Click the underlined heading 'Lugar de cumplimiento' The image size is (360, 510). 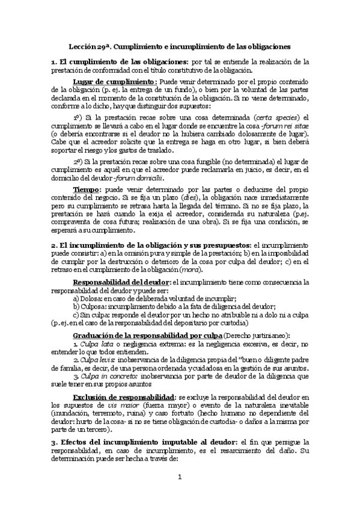point(115,81)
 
